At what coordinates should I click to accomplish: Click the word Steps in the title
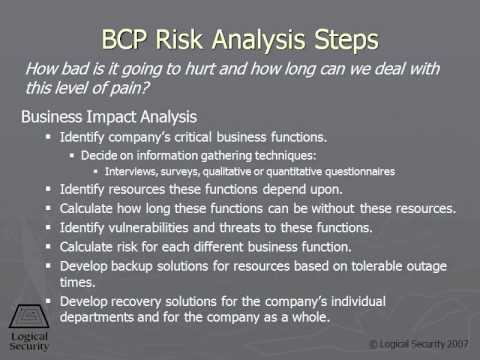click(x=338, y=41)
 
